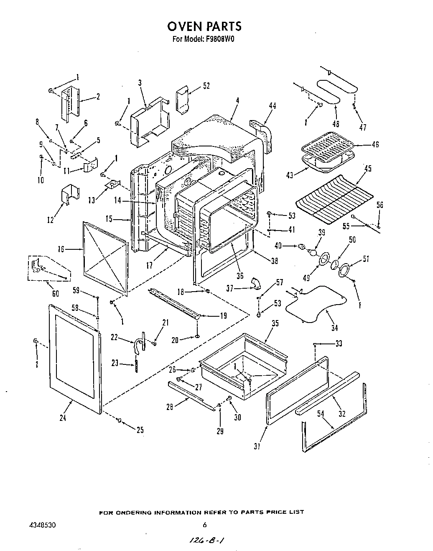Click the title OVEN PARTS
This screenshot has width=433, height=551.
coord(204,26)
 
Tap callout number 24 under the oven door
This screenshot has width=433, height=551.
coord(63,417)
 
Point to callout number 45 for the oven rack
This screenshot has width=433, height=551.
coord(367,169)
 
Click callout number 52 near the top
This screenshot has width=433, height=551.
coord(206,86)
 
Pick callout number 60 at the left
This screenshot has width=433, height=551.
coord(55,294)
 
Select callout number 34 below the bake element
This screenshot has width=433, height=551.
coord(334,328)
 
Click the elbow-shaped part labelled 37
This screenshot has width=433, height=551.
coord(255,284)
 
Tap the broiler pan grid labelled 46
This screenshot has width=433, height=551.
coord(328,148)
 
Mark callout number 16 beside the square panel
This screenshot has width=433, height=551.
coord(61,249)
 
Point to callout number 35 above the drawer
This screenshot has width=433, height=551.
coord(275,323)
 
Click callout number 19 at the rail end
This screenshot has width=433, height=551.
coord(223,316)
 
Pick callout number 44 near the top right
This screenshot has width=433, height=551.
coord(273,106)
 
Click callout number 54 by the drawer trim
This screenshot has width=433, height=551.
coord(320,413)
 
